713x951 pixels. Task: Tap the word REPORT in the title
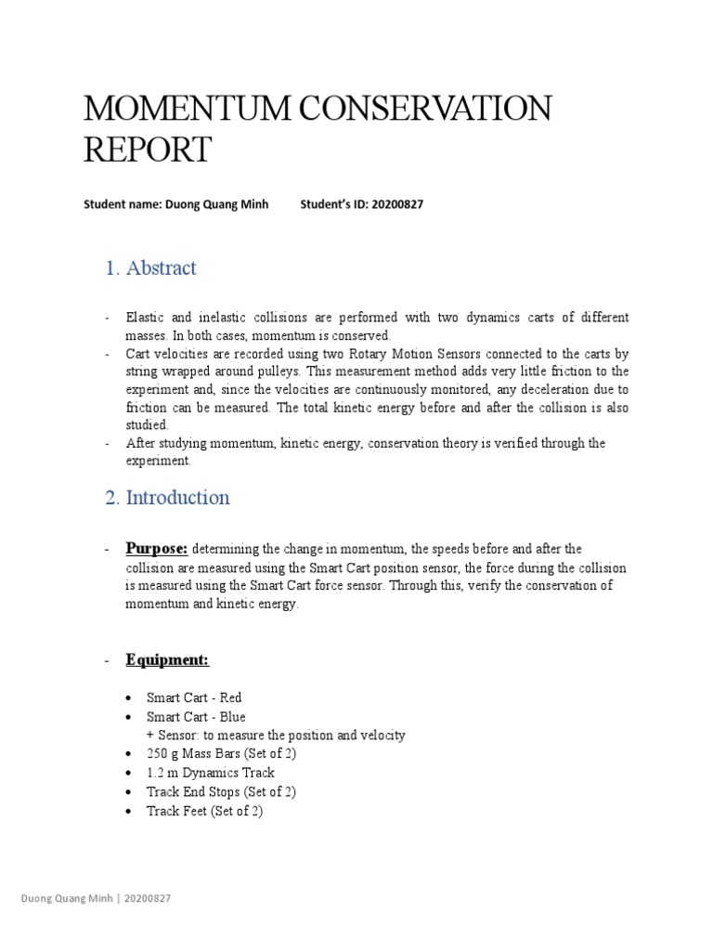click(148, 150)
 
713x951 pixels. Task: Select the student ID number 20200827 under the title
click(397, 204)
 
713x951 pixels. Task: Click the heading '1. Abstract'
click(150, 268)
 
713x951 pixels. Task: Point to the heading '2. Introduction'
click(167, 498)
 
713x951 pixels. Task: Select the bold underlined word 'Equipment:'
click(168, 659)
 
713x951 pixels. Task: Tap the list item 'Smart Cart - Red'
click(194, 697)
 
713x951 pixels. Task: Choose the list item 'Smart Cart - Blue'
click(196, 716)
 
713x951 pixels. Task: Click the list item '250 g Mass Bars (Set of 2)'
click(221, 753)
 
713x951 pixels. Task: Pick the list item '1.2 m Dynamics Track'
click(211, 773)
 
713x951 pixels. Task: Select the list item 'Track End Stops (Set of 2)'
click(221, 791)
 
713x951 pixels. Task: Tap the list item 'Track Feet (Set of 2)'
click(205, 811)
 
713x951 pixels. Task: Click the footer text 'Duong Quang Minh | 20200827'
click(96, 899)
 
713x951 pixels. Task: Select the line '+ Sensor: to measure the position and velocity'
click(276, 735)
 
